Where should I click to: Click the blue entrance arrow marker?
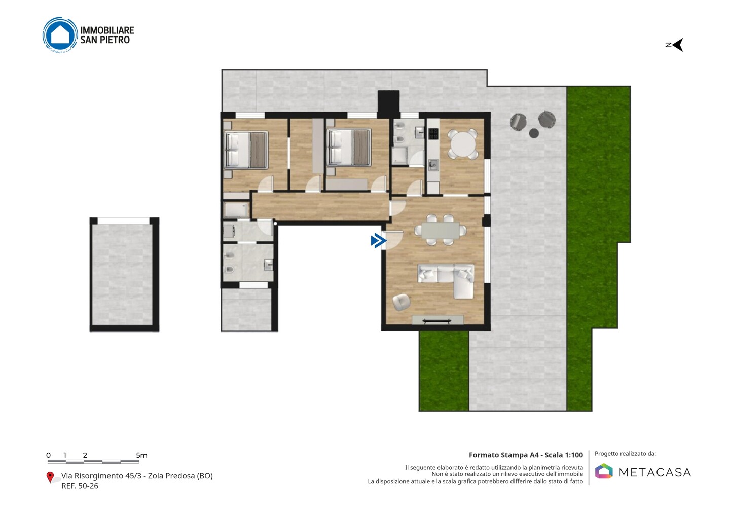378,241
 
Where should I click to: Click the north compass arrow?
678,45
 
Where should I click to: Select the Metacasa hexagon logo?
604,471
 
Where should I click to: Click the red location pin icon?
50,477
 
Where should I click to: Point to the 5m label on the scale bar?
142,455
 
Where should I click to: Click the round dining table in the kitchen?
462,143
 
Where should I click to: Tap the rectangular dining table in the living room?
440,230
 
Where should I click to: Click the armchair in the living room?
401,302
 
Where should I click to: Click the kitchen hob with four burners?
433,133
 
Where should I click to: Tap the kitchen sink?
433,165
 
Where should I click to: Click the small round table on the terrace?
533,133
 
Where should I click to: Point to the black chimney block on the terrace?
388,103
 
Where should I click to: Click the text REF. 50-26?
80,486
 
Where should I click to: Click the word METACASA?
655,472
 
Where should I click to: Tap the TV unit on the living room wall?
437,320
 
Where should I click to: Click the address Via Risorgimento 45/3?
101,476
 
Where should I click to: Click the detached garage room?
124,275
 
